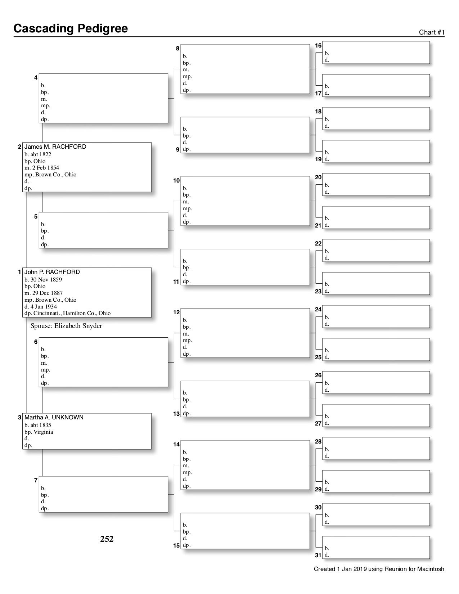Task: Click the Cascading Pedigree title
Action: click(71, 28)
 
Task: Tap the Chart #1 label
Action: click(432, 32)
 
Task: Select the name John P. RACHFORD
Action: click(52, 272)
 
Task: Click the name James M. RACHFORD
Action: click(55, 147)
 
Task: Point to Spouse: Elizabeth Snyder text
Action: click(66, 326)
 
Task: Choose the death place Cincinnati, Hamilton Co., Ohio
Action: click(72, 313)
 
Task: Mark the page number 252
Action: click(107, 539)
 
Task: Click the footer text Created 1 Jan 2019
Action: click(379, 569)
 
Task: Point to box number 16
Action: click(318, 46)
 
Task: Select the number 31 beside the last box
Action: click(318, 555)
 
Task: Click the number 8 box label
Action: click(177, 48)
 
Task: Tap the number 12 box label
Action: click(176, 312)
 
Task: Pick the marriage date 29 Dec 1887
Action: click(45, 293)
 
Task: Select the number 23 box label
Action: click(318, 291)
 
